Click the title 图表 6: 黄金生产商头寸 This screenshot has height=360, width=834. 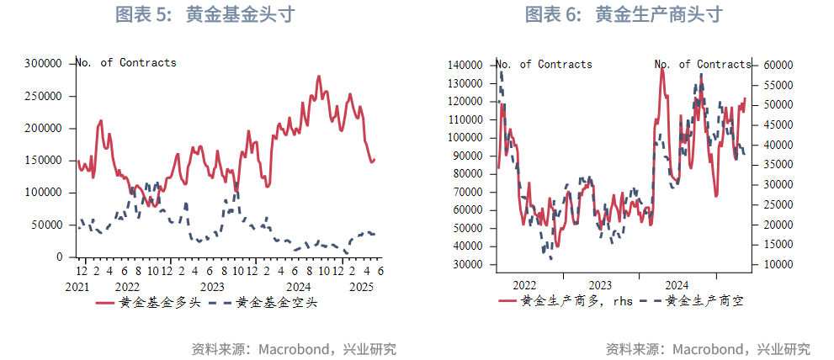pyautogui.click(x=624, y=15)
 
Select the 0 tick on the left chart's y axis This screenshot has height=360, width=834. pyautogui.click(x=60, y=257)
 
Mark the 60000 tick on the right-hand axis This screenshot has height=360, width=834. pyautogui.click(x=778, y=65)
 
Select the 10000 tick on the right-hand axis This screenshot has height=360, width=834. pyautogui.click(x=778, y=264)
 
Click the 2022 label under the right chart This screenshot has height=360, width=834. pyautogui.click(x=524, y=286)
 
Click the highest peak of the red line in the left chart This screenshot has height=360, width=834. pyautogui.click(x=319, y=77)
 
